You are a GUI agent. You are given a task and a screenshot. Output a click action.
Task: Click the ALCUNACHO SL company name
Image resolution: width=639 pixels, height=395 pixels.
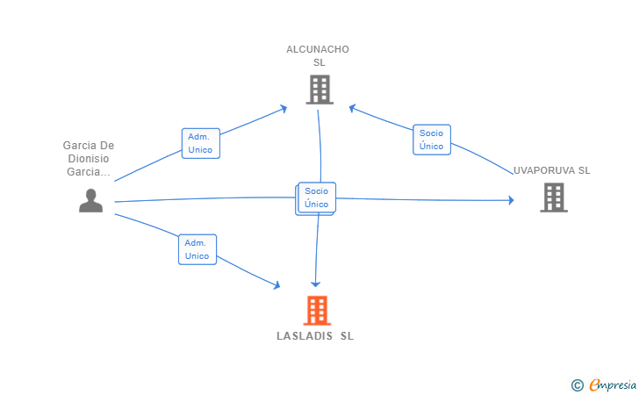(x=318, y=49)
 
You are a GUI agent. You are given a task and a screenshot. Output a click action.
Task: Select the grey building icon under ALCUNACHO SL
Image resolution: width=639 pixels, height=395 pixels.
(x=319, y=90)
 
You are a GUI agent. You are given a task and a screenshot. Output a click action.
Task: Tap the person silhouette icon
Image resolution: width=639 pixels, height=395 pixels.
(x=90, y=201)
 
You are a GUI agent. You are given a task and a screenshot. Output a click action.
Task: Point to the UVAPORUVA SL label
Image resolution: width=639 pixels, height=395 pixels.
(x=552, y=170)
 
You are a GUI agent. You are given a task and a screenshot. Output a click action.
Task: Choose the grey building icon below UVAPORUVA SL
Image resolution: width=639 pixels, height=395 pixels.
(x=553, y=197)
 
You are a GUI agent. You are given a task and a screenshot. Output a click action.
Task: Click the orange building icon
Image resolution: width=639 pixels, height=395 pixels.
(x=317, y=310)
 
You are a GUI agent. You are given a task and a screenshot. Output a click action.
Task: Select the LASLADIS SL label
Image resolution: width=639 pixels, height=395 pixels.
(x=315, y=336)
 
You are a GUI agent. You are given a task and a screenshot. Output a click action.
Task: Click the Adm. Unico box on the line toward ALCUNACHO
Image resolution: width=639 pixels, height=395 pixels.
(x=200, y=143)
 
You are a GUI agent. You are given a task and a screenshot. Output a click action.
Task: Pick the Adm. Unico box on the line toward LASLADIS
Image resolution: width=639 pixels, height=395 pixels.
(x=197, y=249)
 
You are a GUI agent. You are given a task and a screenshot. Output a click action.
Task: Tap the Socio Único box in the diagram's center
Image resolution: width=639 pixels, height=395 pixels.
(x=316, y=197)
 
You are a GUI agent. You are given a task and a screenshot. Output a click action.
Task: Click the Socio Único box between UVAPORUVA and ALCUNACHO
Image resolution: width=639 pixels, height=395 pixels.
(x=431, y=140)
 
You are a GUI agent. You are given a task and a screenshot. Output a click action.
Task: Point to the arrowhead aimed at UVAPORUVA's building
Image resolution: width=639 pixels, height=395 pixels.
(x=510, y=200)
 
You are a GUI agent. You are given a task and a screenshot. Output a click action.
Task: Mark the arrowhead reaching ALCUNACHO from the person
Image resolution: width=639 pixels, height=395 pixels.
(x=283, y=108)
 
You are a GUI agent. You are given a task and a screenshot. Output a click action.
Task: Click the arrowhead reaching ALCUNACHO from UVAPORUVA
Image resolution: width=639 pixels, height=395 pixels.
(x=352, y=108)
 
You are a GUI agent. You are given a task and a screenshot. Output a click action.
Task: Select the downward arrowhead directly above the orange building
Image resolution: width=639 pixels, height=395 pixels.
(x=315, y=284)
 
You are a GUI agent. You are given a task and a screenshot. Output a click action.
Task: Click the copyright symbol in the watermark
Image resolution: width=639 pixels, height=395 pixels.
(x=577, y=384)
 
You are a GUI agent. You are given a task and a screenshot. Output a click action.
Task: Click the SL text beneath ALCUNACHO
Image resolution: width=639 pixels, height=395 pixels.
(x=319, y=62)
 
